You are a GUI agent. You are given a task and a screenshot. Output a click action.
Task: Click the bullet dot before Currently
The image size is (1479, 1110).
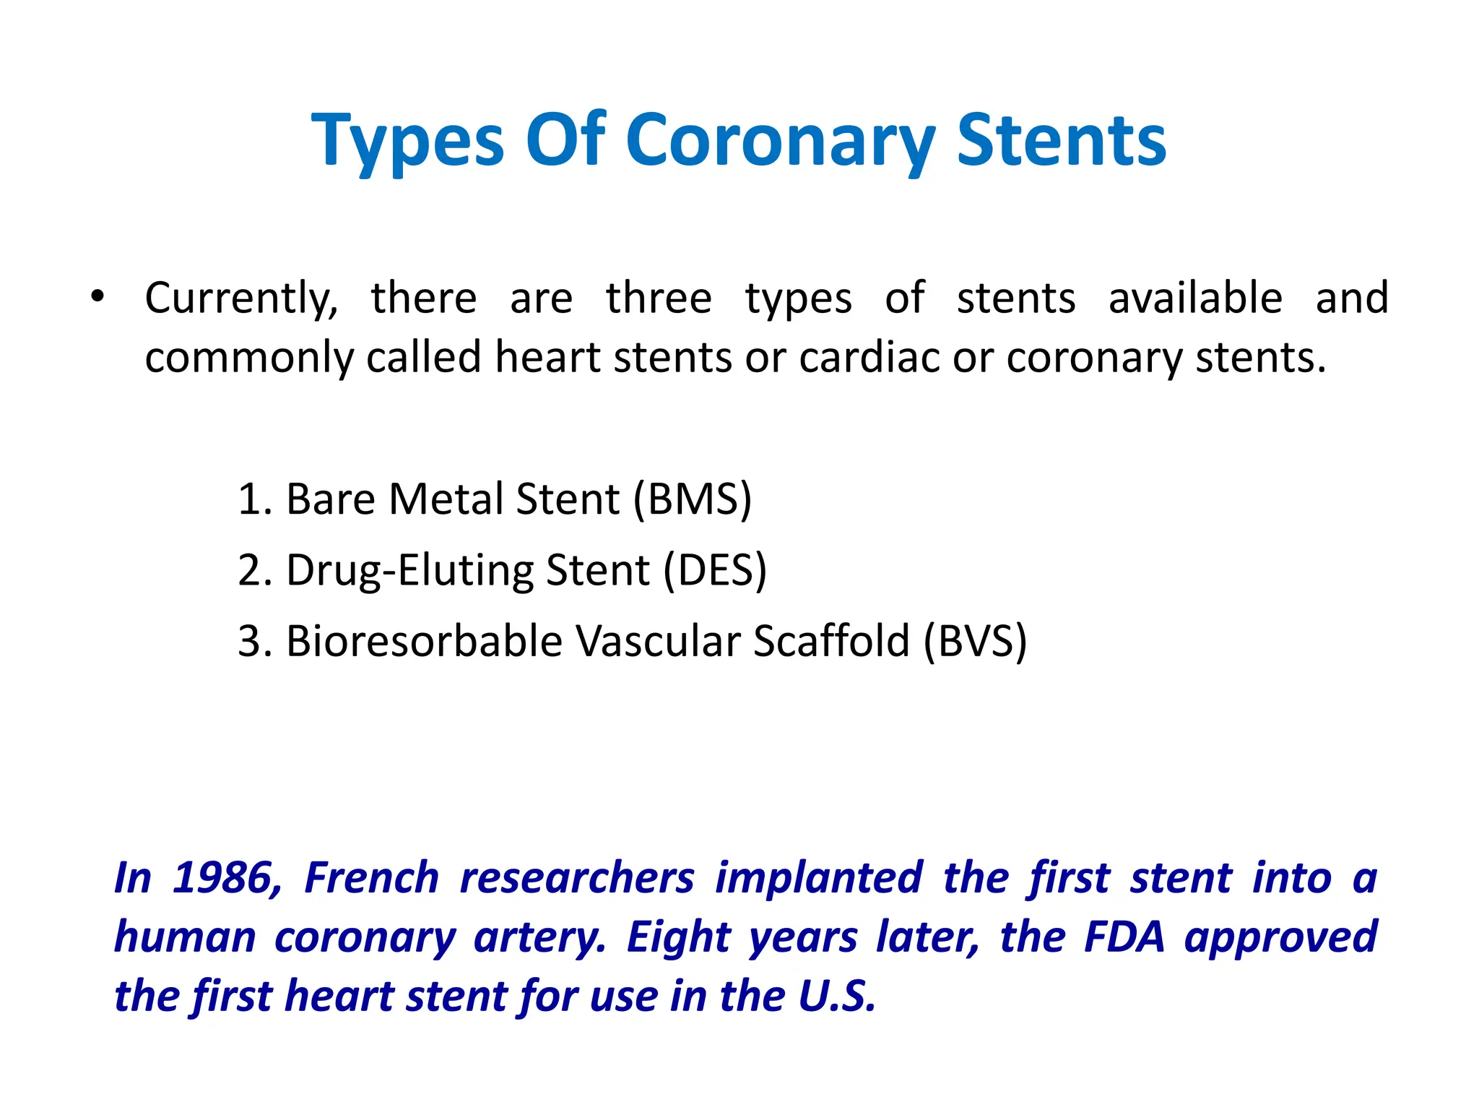[98, 296]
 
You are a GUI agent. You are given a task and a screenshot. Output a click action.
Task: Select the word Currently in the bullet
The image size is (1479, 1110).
[241, 299]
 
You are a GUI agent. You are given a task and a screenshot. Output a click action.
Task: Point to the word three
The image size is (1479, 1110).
[659, 298]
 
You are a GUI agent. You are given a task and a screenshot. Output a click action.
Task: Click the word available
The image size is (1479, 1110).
[1195, 298]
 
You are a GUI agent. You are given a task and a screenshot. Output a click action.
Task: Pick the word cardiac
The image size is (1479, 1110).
[869, 357]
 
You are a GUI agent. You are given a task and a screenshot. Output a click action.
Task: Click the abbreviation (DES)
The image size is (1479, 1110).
[715, 570]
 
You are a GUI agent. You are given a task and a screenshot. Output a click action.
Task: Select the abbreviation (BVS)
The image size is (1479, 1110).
[975, 641]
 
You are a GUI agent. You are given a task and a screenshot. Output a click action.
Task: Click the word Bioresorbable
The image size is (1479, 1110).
[424, 641]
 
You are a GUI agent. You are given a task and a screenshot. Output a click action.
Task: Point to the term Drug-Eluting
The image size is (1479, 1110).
[409, 570]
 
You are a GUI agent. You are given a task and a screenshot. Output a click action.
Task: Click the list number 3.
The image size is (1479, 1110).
[249, 641]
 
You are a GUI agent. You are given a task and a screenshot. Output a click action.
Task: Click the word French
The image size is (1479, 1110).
[372, 879]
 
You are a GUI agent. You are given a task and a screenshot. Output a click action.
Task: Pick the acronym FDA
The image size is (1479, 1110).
[1124, 937]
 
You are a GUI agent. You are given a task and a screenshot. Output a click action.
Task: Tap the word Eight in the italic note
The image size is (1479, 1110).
[678, 937]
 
